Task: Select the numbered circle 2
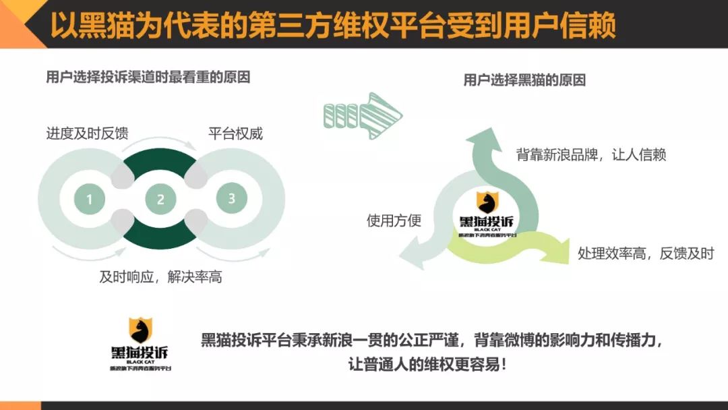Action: (x=160, y=199)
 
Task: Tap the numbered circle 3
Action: (x=231, y=198)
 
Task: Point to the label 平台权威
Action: (x=235, y=133)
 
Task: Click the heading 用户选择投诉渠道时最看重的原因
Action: (x=148, y=77)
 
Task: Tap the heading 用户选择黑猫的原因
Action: (x=524, y=80)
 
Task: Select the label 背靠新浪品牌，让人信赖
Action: (x=591, y=154)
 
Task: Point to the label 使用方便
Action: (x=394, y=221)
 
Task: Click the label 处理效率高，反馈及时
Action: (x=645, y=254)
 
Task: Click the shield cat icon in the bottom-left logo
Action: (x=140, y=330)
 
